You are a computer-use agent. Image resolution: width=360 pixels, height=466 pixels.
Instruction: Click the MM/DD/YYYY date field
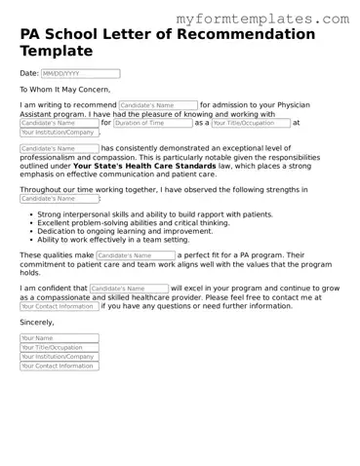click(x=80, y=73)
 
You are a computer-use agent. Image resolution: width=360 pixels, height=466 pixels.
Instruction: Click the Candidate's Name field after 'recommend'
click(x=158, y=104)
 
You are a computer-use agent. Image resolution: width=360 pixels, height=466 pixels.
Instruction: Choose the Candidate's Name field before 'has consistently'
click(x=59, y=149)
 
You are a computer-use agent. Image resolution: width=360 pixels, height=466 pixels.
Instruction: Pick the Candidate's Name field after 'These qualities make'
click(x=136, y=254)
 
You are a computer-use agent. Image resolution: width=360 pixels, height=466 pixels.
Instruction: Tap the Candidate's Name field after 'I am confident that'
click(x=129, y=289)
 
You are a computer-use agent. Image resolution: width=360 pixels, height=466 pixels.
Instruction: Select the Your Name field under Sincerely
click(x=59, y=338)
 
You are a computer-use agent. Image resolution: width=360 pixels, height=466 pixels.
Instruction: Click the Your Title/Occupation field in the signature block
click(x=59, y=348)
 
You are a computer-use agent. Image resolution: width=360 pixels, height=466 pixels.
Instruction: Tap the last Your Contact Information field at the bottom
click(x=59, y=366)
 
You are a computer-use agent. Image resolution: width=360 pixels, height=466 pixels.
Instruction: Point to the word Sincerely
click(x=37, y=321)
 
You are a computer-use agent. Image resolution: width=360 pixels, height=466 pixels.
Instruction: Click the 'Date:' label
click(x=29, y=73)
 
